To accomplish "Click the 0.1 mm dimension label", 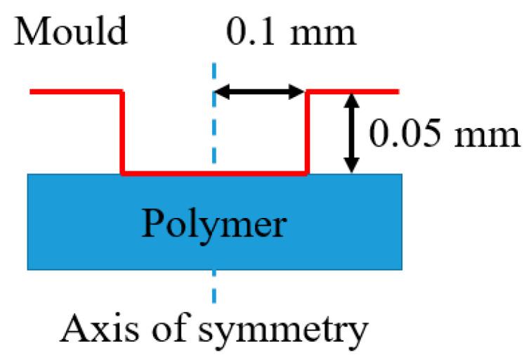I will coord(292,32).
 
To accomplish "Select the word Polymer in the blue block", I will coord(215,224).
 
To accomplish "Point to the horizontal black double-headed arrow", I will coord(260,90).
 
